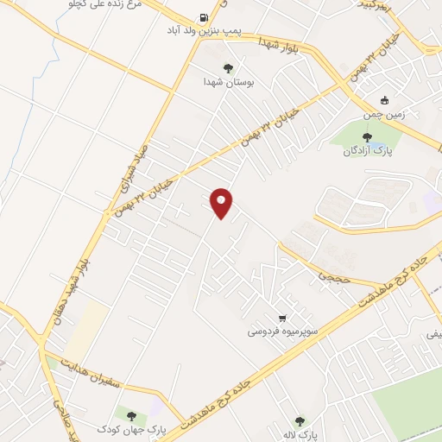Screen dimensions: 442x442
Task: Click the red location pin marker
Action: pyautogui.click(x=223, y=202)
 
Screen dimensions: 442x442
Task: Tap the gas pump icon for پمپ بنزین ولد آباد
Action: pyautogui.click(x=203, y=16)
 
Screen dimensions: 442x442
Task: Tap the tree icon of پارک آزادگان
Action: pyautogui.click(x=368, y=136)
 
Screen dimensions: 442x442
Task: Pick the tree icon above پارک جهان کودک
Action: pyautogui.click(x=131, y=415)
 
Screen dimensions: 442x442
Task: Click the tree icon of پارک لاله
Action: pyautogui.click(x=300, y=421)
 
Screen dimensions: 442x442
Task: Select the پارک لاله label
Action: pyautogui.click(x=301, y=434)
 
